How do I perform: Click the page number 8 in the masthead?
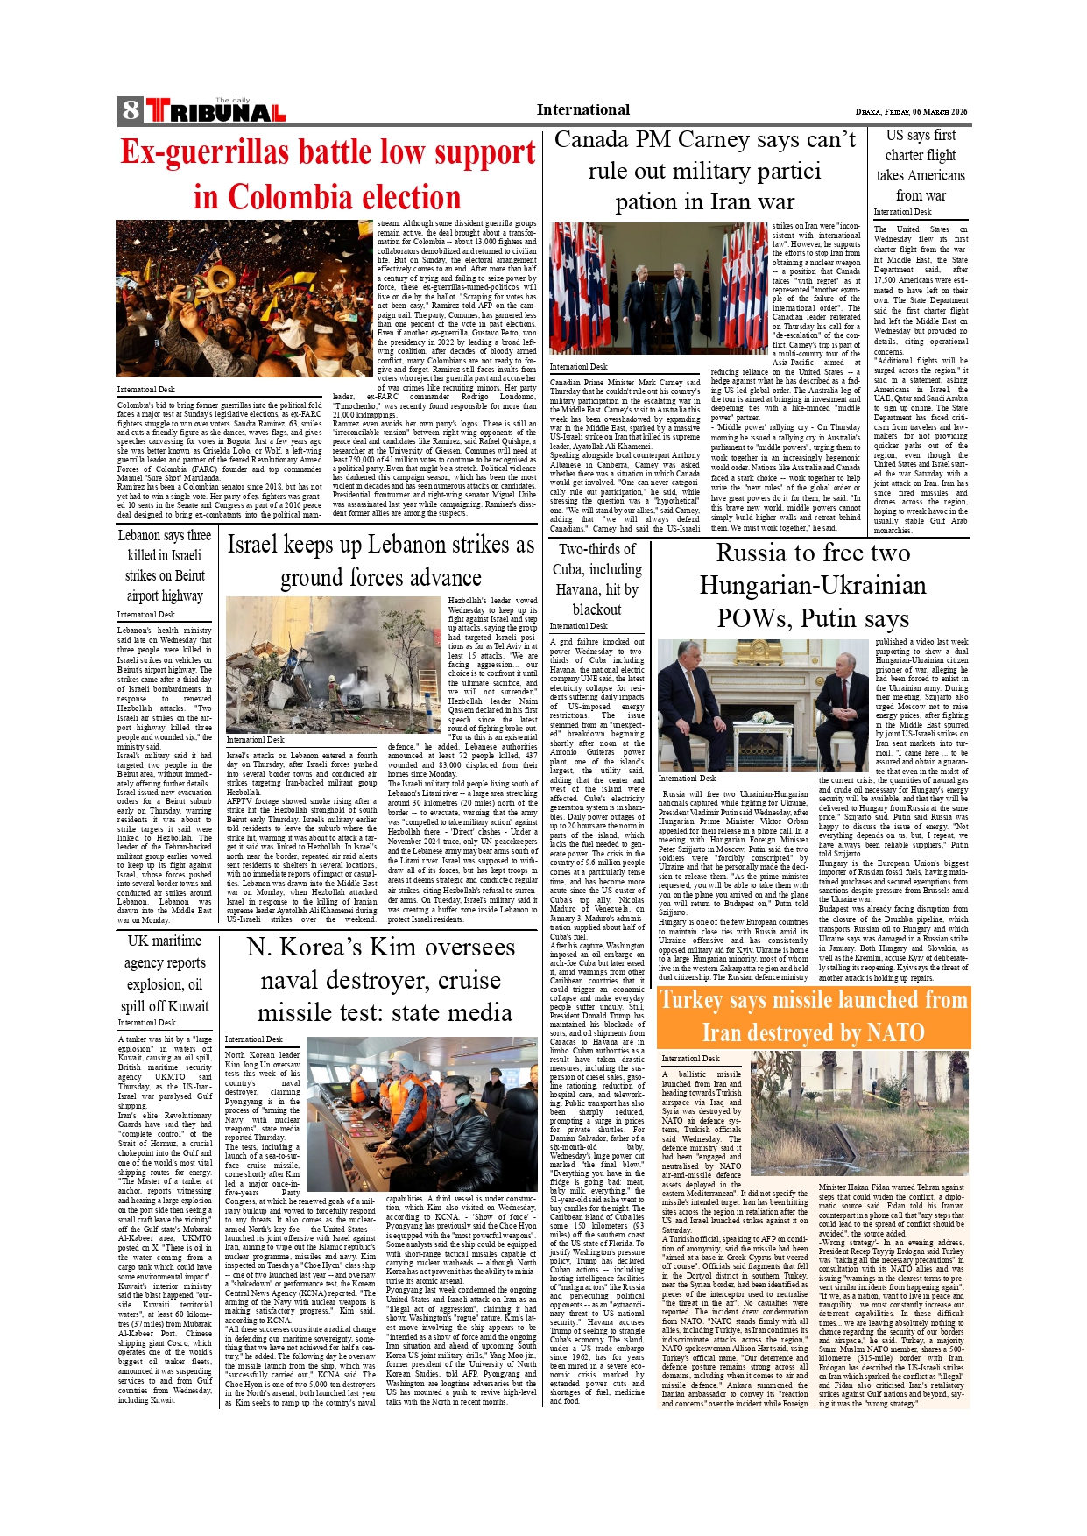(x=131, y=110)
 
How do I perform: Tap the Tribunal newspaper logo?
(x=215, y=111)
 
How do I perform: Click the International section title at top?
(x=582, y=109)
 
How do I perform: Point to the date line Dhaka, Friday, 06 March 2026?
(x=911, y=112)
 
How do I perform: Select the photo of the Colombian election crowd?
(x=245, y=298)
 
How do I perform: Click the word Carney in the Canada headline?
(x=736, y=140)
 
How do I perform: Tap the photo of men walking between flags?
(x=658, y=288)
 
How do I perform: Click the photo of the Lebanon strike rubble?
(x=334, y=665)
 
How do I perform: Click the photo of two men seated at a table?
(x=737, y=704)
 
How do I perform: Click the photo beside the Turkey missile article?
(x=859, y=1112)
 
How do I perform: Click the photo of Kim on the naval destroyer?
(x=421, y=1114)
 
